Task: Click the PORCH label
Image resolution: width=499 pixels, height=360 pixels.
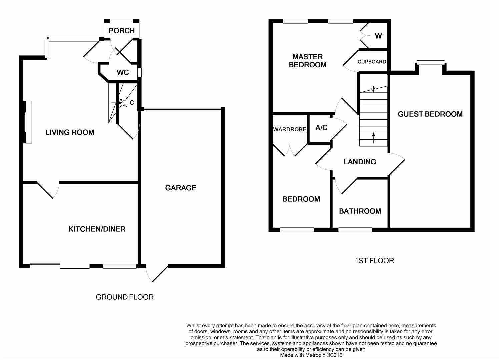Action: click(x=122, y=31)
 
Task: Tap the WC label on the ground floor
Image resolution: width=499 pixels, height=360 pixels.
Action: click(x=123, y=72)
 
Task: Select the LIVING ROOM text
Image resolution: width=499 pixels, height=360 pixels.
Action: click(x=70, y=132)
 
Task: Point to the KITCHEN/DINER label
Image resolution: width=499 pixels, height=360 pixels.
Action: click(x=97, y=229)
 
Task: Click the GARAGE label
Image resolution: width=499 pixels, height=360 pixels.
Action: click(x=181, y=188)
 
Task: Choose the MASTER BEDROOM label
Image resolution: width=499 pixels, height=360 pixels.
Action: click(x=308, y=61)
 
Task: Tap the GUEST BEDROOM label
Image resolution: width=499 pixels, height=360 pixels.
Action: click(x=430, y=114)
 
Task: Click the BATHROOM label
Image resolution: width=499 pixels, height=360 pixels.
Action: click(x=360, y=211)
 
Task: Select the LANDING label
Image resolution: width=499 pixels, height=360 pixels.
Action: click(x=360, y=162)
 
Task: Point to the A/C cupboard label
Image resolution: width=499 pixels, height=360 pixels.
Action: click(x=321, y=128)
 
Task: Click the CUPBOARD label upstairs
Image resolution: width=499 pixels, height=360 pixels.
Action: click(x=372, y=62)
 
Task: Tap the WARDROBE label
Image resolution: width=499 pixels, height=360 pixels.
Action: click(x=290, y=129)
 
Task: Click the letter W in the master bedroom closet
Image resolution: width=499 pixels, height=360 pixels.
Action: click(x=378, y=36)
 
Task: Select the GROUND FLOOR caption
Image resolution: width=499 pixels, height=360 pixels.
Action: click(x=125, y=297)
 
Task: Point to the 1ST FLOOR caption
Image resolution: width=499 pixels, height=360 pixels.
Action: click(x=374, y=260)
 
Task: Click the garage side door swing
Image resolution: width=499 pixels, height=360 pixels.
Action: click(x=157, y=274)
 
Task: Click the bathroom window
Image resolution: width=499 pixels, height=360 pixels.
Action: click(x=355, y=230)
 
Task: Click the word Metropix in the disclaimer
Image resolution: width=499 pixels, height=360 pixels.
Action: click(x=315, y=355)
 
